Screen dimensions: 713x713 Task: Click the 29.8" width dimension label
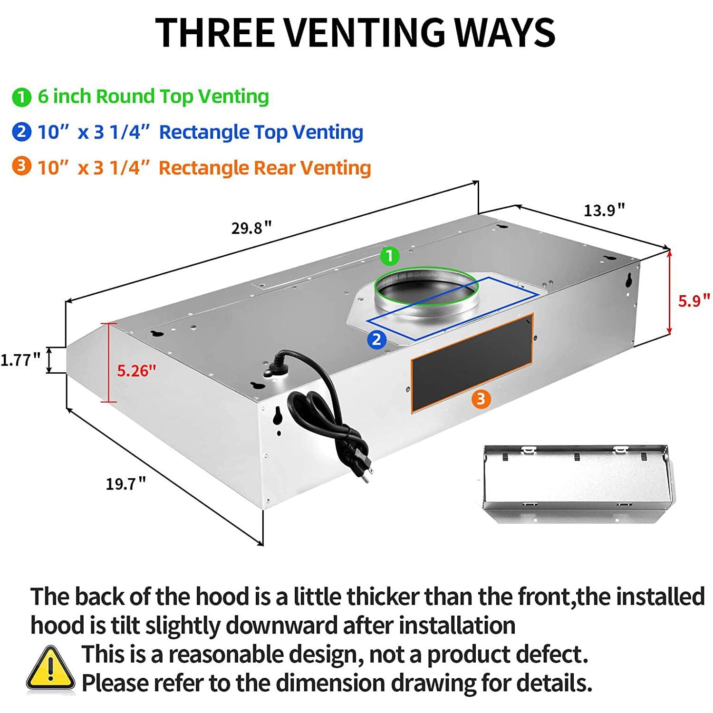click(251, 228)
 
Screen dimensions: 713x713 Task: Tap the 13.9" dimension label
click(604, 210)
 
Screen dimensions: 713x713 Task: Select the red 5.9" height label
click(694, 300)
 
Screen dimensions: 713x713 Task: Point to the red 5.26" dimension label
click(136, 370)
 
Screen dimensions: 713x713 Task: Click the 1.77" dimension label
click(20, 360)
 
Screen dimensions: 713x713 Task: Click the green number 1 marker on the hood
click(390, 256)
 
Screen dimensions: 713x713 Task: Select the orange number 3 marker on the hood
click(481, 398)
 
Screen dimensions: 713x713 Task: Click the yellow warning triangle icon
click(50, 668)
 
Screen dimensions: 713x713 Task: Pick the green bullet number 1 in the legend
click(21, 97)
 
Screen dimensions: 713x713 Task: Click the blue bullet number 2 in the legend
click(21, 132)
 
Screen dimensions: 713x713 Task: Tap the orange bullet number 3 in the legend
click(21, 167)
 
